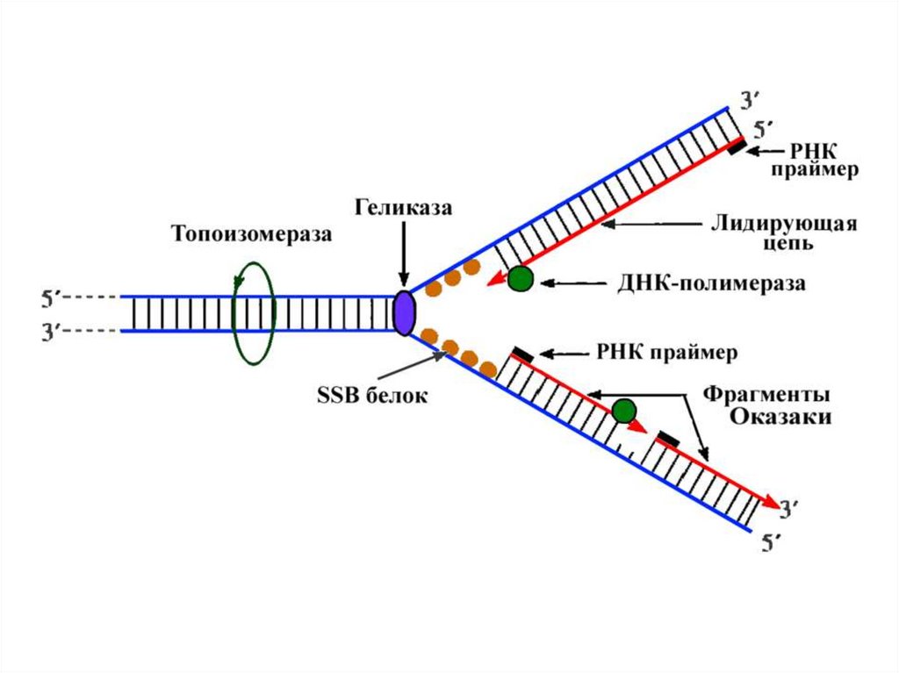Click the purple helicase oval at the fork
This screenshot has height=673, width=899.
(x=403, y=313)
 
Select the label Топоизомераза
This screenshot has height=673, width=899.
(x=252, y=234)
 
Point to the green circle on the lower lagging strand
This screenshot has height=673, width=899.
(x=624, y=411)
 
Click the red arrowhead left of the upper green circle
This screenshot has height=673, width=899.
(x=496, y=280)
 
